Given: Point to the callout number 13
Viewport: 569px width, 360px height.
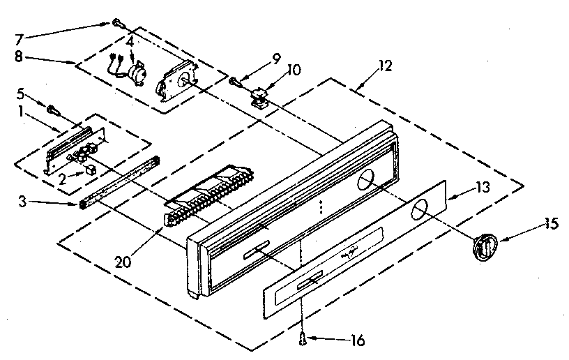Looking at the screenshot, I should (x=464, y=188).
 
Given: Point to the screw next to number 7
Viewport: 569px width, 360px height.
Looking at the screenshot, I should (x=116, y=24).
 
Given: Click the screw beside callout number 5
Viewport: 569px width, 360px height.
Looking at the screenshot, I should (x=53, y=108).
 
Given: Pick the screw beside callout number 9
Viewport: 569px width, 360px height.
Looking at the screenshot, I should (x=235, y=81).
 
